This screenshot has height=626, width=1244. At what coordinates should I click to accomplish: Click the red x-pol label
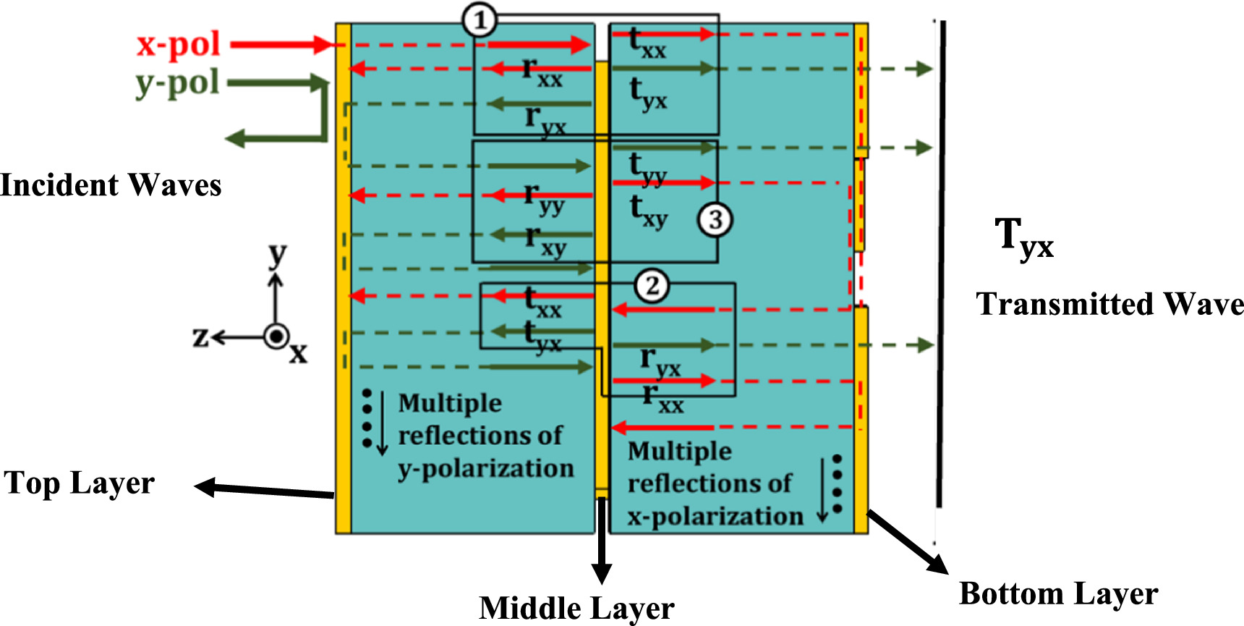[x=178, y=45]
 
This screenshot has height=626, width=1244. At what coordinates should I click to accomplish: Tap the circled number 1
[x=480, y=21]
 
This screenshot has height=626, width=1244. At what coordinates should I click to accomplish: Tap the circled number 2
[x=652, y=286]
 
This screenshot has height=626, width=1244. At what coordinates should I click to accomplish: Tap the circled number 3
[x=715, y=219]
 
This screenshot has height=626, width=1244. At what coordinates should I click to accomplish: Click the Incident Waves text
[x=111, y=185]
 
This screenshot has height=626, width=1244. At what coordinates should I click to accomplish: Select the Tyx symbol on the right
[x=1024, y=238]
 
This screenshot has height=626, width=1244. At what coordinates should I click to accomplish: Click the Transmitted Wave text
[x=1109, y=304]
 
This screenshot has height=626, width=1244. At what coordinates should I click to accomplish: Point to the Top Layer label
[x=80, y=483]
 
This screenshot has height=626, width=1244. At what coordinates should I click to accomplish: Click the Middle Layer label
[x=576, y=608]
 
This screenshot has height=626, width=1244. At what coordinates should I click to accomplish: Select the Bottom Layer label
[x=1058, y=593]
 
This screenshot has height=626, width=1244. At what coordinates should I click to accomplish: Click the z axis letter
[x=200, y=337]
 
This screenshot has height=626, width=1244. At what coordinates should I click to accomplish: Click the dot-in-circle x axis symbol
[x=276, y=337]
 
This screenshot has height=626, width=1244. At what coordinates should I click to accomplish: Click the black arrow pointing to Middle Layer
[x=601, y=543]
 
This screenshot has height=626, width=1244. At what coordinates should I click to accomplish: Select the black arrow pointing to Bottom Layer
[x=908, y=543]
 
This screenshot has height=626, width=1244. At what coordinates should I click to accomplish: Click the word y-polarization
[x=486, y=469]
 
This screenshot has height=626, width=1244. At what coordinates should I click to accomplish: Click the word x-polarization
[x=715, y=517]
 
